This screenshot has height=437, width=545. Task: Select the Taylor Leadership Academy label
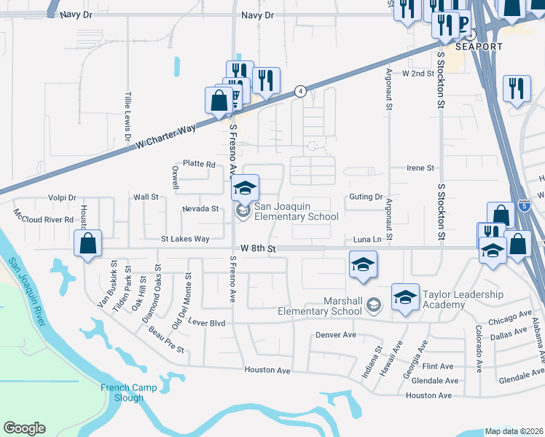click(x=463, y=299)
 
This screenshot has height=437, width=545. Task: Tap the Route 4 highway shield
click(x=299, y=91)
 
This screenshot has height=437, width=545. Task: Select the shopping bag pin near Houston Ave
click(x=87, y=244)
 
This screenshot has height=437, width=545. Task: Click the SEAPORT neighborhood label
click(x=479, y=47)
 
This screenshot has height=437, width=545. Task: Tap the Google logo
click(x=24, y=428)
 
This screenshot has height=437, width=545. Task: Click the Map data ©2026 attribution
click(x=514, y=431)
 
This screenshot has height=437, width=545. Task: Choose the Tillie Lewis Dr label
click(x=128, y=117)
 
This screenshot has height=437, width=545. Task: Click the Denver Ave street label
click(x=335, y=335)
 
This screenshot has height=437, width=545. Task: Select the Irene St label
click(x=420, y=168)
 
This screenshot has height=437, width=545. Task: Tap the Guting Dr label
click(x=366, y=197)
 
